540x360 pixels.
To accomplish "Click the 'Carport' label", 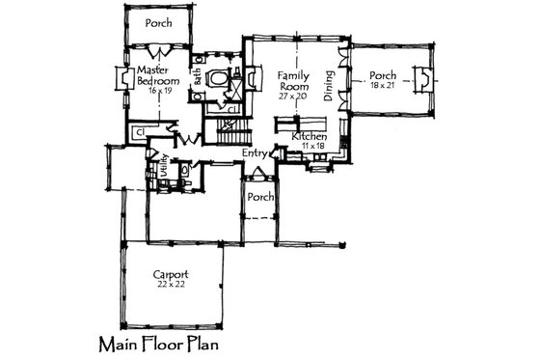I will [171, 273].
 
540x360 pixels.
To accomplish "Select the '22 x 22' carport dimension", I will [171, 285].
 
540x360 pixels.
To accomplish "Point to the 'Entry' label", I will [255, 152].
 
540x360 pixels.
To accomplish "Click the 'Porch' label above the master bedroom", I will [158, 22].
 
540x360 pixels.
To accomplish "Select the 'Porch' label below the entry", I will [257, 197].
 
